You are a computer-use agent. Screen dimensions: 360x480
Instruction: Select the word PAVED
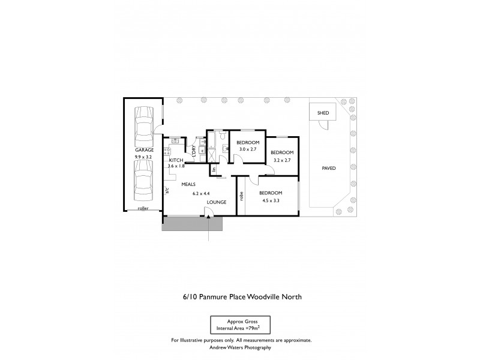click(x=328, y=168)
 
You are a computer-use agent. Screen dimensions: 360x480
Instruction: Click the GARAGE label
click(x=143, y=150)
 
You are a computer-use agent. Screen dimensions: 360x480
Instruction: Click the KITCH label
click(x=176, y=160)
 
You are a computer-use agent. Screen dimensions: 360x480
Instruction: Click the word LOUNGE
click(x=217, y=202)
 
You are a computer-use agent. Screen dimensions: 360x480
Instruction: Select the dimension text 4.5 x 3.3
click(x=271, y=201)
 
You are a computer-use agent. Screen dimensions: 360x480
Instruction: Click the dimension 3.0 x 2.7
click(x=247, y=149)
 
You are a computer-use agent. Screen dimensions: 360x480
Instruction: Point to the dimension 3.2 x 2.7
click(x=282, y=160)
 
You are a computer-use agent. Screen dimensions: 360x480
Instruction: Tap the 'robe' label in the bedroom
click(x=241, y=196)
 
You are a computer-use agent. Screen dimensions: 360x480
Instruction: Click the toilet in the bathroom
click(x=223, y=137)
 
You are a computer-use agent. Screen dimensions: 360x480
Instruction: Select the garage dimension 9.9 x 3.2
click(x=143, y=157)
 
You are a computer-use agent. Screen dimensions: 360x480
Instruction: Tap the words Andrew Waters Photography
click(x=241, y=347)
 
